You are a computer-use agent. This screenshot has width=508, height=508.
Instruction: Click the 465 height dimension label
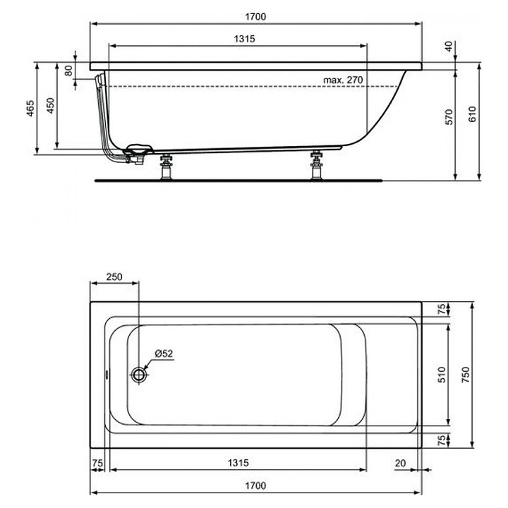(30, 108)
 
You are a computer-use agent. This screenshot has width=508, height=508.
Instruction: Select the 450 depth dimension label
(51, 106)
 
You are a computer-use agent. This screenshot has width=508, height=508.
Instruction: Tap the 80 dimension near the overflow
(68, 71)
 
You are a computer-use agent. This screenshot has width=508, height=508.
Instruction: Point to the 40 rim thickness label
(449, 46)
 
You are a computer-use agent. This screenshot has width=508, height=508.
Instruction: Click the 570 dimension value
(449, 116)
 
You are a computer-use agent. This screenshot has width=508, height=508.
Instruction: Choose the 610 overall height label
(473, 114)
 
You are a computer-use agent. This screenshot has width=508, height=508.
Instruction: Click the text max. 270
(343, 80)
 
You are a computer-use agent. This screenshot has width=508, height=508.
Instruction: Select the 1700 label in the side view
(255, 16)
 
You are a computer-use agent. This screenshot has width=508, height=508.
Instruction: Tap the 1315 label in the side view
(245, 39)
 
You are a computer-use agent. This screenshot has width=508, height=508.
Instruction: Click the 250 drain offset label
(114, 277)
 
